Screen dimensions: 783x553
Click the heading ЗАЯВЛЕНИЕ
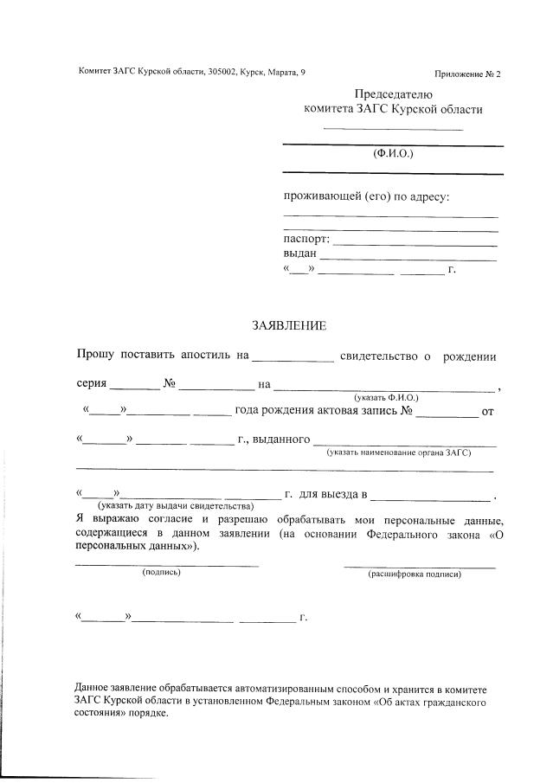288,326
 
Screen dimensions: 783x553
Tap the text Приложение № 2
467,74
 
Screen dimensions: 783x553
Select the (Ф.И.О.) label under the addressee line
393,153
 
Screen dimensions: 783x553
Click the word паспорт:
306,240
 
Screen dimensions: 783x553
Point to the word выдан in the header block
300,254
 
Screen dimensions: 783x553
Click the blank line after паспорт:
415,244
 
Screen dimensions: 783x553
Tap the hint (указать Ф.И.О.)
385,396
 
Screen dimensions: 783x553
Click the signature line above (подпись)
166,565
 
